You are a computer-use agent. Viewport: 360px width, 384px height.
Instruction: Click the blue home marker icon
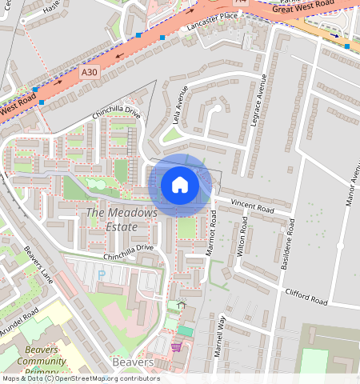point(180,186)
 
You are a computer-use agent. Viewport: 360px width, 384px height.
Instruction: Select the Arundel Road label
point(21,321)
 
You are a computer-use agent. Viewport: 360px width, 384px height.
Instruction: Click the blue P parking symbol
point(101,275)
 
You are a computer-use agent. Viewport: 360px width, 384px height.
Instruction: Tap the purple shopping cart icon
point(176,346)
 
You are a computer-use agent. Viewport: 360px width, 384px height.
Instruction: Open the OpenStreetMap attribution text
point(81,378)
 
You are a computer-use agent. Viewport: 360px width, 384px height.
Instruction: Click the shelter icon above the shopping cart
point(182,304)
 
